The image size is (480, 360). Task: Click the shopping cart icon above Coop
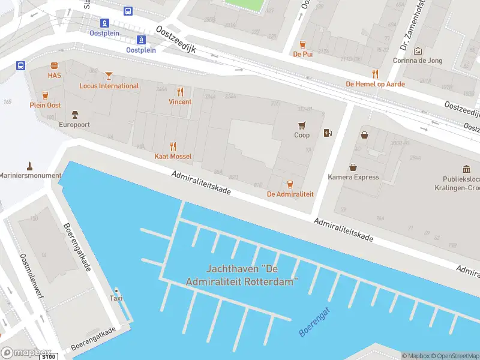[x=302, y=125]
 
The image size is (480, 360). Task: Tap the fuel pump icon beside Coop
[x=328, y=133]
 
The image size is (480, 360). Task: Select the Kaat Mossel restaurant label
[x=173, y=157]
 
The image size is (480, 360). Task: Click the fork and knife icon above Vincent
[x=180, y=92]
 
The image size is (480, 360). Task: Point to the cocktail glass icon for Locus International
[x=109, y=76]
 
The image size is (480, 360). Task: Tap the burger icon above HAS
[x=55, y=65]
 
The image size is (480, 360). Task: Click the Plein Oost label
[x=45, y=105]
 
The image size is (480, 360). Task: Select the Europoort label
[x=74, y=125]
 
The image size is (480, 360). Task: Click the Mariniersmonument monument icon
[x=29, y=165]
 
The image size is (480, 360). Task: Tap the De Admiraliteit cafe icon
[x=290, y=184]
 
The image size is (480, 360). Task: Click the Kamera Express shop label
[x=353, y=177]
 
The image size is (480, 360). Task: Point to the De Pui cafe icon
[x=303, y=44]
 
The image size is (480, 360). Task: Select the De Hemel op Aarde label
[x=375, y=84]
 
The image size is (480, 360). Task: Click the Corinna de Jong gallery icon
[x=418, y=51]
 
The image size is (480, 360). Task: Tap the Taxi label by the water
[x=116, y=298]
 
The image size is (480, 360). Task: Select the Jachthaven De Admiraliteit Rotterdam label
[x=242, y=275]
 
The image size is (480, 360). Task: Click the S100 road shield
[x=49, y=357]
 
